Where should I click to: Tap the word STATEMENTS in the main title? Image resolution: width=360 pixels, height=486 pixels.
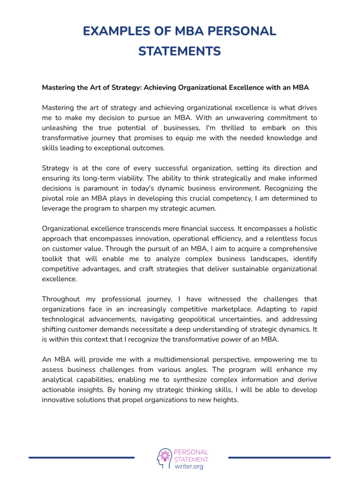tap(180, 51)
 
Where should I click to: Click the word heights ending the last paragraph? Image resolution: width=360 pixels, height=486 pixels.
tap(225, 400)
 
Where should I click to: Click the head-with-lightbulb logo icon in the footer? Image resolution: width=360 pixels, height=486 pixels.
tap(164, 458)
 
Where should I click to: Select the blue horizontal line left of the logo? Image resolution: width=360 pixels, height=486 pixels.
tap(82, 457)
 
